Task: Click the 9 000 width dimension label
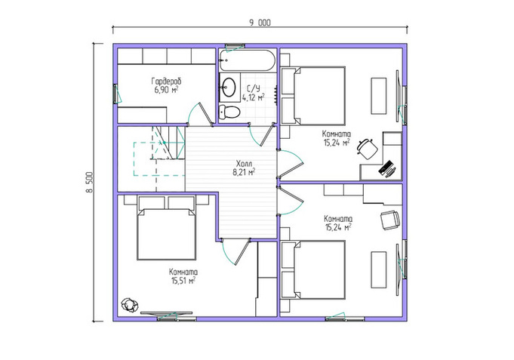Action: pyautogui.click(x=260, y=23)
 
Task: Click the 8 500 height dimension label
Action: pyautogui.click(x=90, y=183)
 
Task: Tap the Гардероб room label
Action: pyautogui.click(x=166, y=81)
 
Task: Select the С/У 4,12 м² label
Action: pyautogui.click(x=254, y=93)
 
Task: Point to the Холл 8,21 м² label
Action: pyautogui.click(x=245, y=168)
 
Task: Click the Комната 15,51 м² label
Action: pyautogui.click(x=183, y=276)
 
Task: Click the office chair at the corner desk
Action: pyautogui.click(x=367, y=149)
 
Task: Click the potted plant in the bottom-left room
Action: pyautogui.click(x=129, y=305)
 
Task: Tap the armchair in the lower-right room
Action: pyautogui.click(x=390, y=220)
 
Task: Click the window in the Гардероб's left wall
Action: pyautogui.click(x=115, y=94)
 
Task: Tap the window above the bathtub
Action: pyautogui.click(x=235, y=45)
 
